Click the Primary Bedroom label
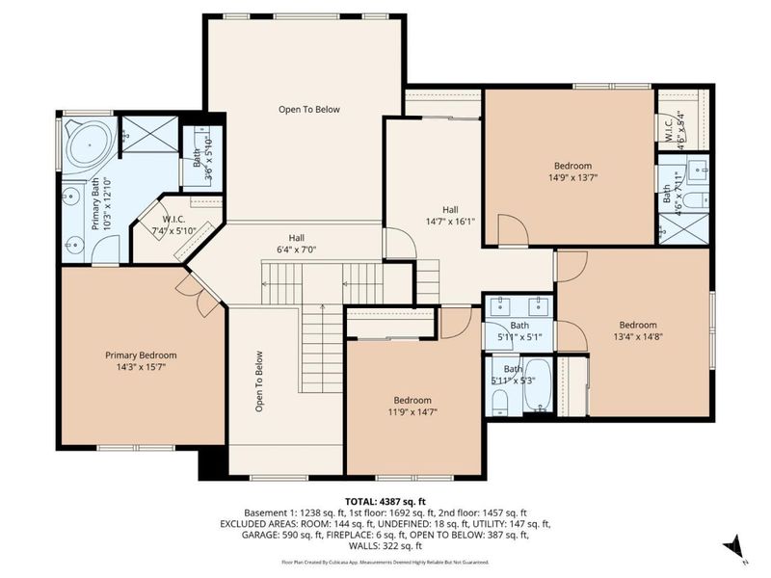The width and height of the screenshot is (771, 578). [x=141, y=355]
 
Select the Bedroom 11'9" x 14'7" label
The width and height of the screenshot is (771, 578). [x=412, y=407]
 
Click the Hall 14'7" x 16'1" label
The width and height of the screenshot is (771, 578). [x=450, y=217]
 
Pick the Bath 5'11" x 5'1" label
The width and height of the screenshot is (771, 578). [x=519, y=332]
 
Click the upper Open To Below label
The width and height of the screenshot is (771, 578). [x=309, y=110]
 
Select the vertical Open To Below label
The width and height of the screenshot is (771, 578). [x=259, y=381]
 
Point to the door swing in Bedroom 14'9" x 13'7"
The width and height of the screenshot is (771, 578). [x=512, y=231]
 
